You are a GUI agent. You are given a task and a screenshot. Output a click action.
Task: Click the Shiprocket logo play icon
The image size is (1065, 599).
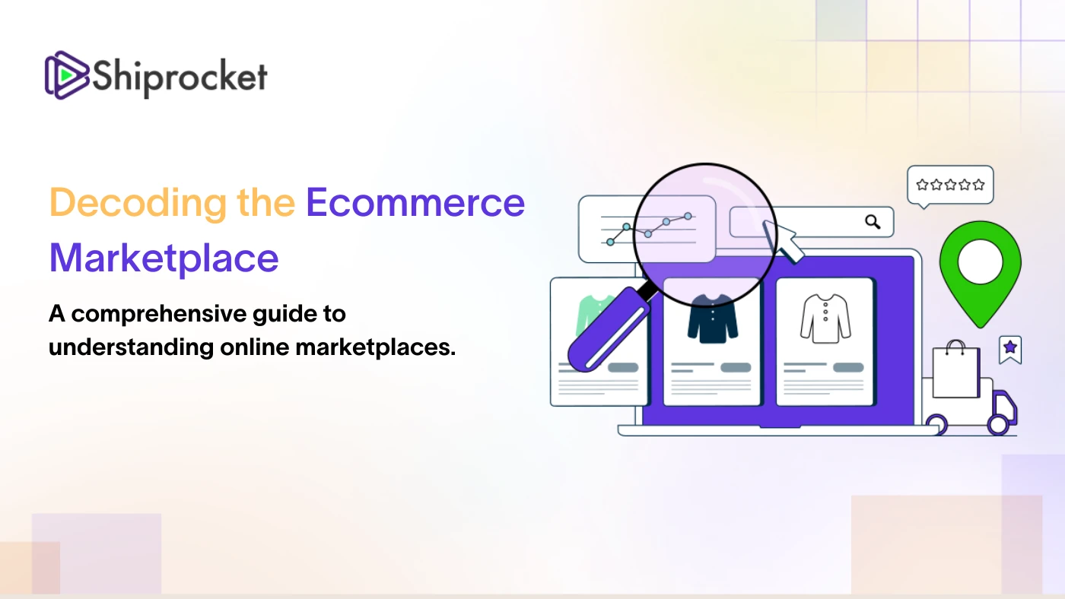[67, 75]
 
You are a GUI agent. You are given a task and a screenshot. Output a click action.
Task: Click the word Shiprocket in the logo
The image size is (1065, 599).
[180, 78]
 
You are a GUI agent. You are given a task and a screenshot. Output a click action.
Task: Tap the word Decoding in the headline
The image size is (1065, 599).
[138, 203]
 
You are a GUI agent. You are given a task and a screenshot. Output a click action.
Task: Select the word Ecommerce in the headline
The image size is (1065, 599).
[415, 203]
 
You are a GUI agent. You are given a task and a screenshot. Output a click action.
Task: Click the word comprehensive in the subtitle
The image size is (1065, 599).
[158, 315]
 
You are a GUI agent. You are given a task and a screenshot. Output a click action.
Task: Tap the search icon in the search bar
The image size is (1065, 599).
[873, 222]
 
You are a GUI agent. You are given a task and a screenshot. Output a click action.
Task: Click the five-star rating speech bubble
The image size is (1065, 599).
[950, 185]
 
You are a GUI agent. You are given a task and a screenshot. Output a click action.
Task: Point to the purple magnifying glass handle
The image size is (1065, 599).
[609, 330]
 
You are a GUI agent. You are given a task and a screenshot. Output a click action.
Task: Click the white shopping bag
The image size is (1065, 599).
[955, 369]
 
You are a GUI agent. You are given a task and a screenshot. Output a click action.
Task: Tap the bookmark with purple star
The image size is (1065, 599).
[1010, 350]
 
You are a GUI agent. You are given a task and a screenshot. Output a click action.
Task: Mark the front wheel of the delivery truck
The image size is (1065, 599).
[998, 424]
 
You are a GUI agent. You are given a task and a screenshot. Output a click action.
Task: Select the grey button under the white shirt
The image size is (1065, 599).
[848, 367]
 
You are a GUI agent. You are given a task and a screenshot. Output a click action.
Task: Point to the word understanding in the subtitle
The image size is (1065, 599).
[131, 347]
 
